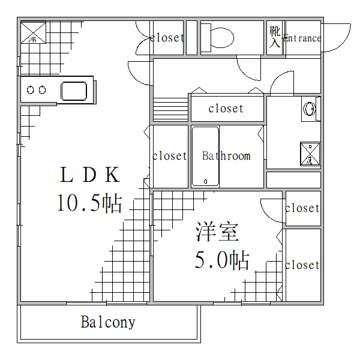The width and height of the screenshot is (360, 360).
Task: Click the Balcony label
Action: coord(108,323)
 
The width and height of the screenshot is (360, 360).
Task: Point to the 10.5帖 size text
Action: coord(89,203)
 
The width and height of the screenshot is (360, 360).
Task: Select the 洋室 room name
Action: coord(217,232)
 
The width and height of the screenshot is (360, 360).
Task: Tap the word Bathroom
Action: coord(226,156)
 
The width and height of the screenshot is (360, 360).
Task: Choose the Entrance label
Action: coord(302,38)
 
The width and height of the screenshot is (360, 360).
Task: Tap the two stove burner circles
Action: coord(35,91)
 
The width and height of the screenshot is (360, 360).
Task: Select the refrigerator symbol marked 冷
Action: coord(33,33)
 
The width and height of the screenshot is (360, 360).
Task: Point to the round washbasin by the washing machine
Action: coord(310,109)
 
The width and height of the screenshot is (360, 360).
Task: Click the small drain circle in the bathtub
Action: coord(205,180)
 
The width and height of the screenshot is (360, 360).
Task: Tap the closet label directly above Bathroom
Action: coord(226,109)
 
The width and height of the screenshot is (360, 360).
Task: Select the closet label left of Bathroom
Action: coord(169,156)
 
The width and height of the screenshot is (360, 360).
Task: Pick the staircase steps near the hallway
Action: coord(171,109)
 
